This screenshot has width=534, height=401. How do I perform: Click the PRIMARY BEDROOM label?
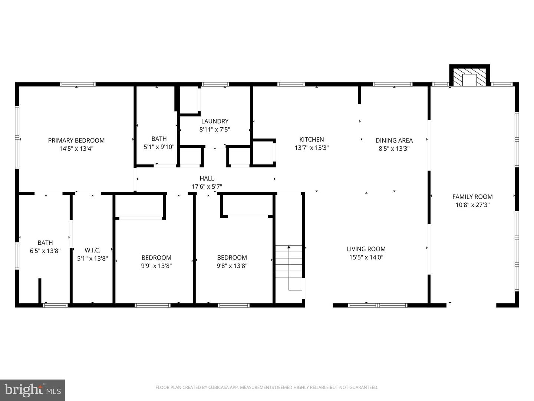pyautogui.click(x=76, y=140)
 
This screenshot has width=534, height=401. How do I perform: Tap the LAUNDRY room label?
pyautogui.click(x=215, y=121)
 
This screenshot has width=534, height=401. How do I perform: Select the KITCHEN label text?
pyautogui.click(x=311, y=140)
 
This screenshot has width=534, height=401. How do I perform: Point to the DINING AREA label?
pyautogui.click(x=394, y=140)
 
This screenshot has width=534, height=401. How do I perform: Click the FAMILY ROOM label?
pyautogui.click(x=472, y=197)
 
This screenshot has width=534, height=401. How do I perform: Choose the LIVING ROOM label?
pyautogui.click(x=366, y=249)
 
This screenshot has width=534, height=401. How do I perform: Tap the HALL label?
pyautogui.click(x=207, y=179)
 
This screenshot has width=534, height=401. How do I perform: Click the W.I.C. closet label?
pyautogui.click(x=92, y=250)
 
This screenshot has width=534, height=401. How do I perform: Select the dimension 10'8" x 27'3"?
pyautogui.click(x=472, y=205)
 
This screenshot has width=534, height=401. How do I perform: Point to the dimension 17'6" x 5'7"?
pyautogui.click(x=207, y=187)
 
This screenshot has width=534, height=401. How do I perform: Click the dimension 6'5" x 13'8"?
pyautogui.click(x=45, y=251)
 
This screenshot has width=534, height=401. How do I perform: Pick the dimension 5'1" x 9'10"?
pyautogui.click(x=159, y=147)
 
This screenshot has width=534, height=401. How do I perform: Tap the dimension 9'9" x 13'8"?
pyautogui.click(x=156, y=266)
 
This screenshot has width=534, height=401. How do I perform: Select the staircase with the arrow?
pyautogui.click(x=289, y=268)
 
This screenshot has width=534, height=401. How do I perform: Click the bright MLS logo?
pyautogui.click(x=32, y=390)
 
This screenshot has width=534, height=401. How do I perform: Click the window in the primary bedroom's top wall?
pyautogui.click(x=78, y=84)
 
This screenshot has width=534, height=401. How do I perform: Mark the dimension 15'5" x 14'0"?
pyautogui.click(x=366, y=257)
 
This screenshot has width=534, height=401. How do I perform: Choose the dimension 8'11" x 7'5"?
pyautogui.click(x=215, y=130)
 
